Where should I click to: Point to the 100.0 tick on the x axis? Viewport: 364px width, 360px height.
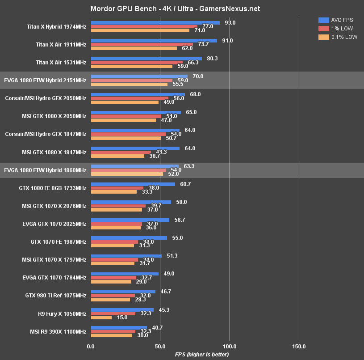(x=230, y=346)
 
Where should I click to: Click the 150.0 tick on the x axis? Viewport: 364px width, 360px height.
(x=299, y=346)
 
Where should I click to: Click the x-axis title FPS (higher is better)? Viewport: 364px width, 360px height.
(x=201, y=354)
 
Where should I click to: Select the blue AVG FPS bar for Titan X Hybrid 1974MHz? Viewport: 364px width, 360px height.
(x=155, y=22)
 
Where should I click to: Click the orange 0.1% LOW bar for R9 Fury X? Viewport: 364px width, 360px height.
(x=101, y=318)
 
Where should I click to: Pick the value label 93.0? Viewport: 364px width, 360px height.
(x=230, y=22)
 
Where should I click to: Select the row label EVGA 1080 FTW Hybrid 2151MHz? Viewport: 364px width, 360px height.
(x=45, y=80)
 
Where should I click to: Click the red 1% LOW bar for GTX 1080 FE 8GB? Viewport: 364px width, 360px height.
(x=117, y=188)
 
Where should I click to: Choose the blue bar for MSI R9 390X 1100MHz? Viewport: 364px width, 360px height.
(x=119, y=328)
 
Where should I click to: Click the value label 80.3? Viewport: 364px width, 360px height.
(x=213, y=58)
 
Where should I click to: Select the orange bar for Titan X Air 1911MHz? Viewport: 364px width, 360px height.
(x=134, y=48)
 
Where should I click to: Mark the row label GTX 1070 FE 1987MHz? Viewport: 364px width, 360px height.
(x=59, y=241)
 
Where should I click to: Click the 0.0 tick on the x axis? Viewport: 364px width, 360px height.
(x=91, y=346)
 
